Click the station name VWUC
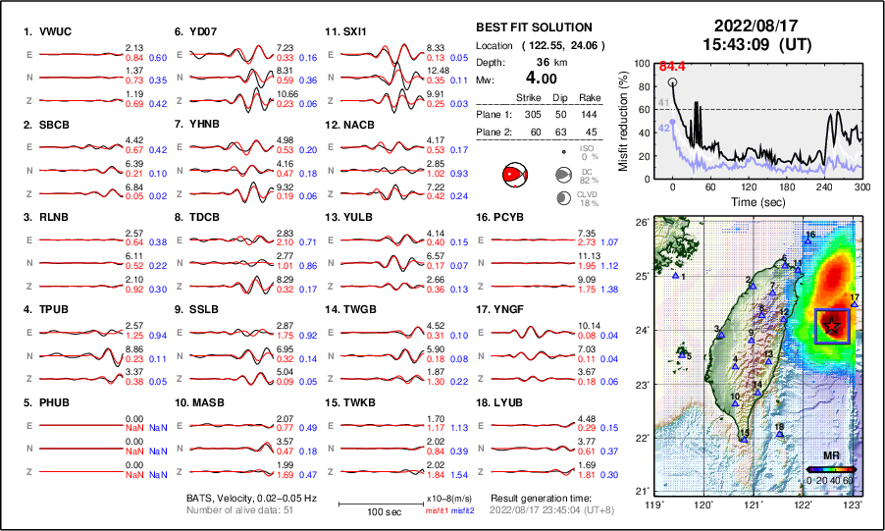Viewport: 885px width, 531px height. (61, 31)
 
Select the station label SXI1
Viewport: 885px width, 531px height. (354, 31)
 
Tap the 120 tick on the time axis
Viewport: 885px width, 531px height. (749, 186)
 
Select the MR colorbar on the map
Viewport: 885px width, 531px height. (831, 470)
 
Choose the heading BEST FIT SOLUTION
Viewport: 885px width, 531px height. (533, 27)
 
